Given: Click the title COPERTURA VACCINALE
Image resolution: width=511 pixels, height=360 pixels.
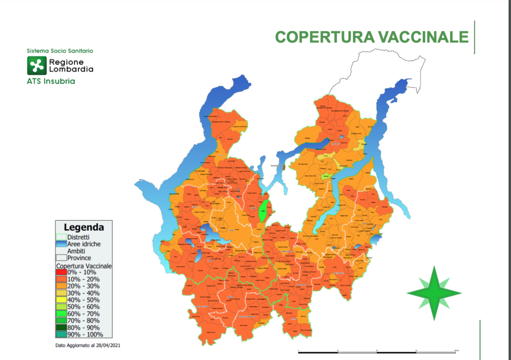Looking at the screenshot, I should [x=372, y=37].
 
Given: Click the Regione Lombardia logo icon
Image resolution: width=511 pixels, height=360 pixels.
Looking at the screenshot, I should [x=36, y=65].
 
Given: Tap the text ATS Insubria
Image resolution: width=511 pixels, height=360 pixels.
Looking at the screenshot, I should [x=51, y=81].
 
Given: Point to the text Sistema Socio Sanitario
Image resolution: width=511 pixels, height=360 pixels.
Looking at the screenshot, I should [x=60, y=51].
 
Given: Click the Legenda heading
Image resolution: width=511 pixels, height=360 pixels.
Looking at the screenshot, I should [x=84, y=227].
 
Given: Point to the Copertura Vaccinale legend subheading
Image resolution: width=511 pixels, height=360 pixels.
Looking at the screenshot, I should [x=83, y=266].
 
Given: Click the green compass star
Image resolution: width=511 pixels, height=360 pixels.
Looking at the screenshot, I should [x=434, y=294].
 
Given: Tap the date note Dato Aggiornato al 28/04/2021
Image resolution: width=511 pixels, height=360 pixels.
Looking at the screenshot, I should [x=88, y=346].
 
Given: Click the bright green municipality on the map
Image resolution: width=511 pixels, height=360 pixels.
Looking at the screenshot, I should [x=263, y=211].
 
